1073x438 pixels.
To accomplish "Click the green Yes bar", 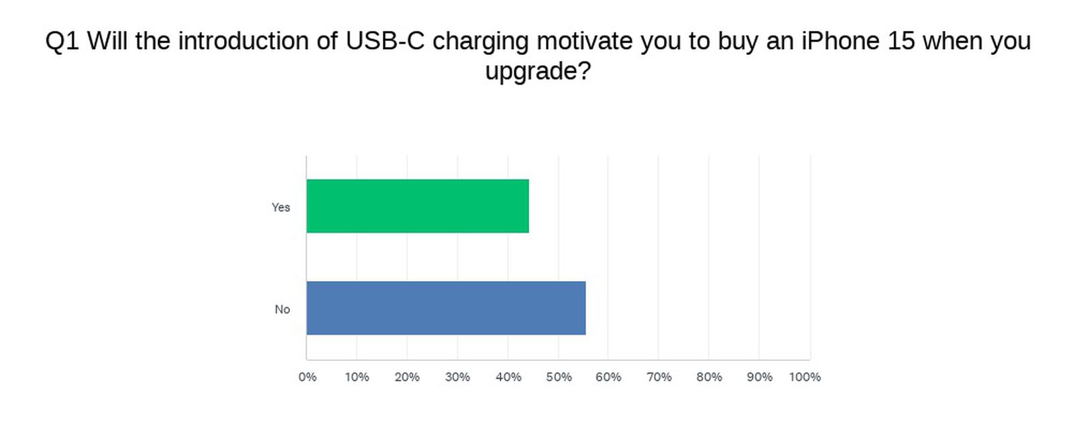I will coord(417,206).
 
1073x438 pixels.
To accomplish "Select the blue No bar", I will coord(446,308).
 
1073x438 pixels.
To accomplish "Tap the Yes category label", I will coord(280,207).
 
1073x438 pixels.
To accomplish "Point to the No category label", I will coord(282,309).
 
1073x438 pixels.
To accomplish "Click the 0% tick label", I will coord(307,377).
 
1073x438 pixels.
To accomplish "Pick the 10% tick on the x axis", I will coord(357,377).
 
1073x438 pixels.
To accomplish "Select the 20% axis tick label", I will coord(407,377).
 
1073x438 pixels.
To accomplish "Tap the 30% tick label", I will coord(457,377).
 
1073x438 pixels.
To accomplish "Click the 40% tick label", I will coord(508,377).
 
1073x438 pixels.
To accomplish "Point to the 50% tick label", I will coord(559,377).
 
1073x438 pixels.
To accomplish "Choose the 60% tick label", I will coord(608,377).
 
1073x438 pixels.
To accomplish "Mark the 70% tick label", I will coord(659,377).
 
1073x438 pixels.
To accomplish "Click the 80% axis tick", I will coord(709,377).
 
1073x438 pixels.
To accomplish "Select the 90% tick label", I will coord(759,377).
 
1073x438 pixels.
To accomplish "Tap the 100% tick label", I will coord(805,377).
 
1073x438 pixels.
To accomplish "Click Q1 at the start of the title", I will coord(62,42).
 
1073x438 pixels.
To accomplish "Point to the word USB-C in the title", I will coord(386,42).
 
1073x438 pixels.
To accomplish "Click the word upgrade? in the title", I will coord(538,71).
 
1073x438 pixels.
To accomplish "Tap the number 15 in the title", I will coord(901,42).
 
